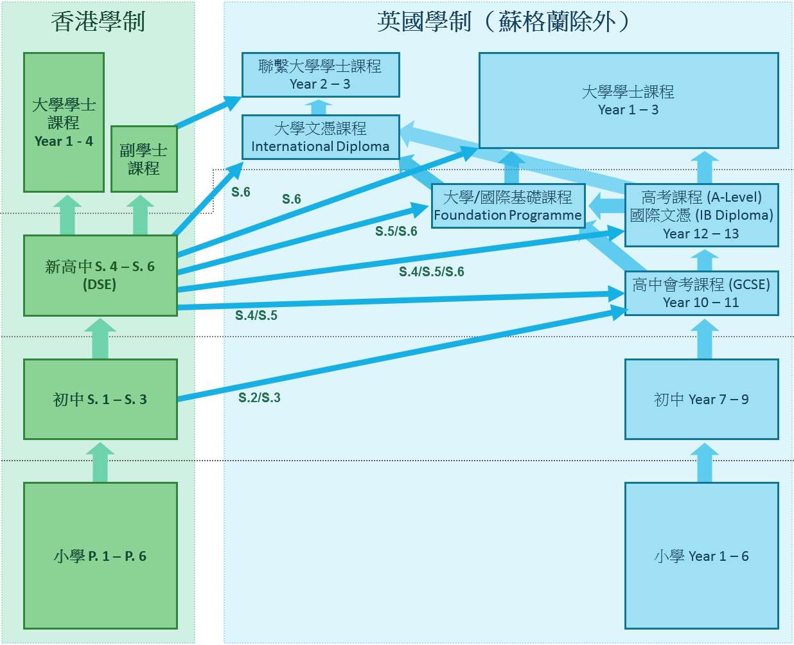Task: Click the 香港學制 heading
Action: [98, 22]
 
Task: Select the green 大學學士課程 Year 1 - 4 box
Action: [64, 122]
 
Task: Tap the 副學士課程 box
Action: [144, 159]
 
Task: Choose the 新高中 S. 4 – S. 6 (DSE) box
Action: [100, 275]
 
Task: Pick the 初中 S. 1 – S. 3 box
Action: [100, 399]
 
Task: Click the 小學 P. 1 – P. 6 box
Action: [100, 556]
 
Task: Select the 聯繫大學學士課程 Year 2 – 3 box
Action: [321, 75]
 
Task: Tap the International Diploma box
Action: [321, 137]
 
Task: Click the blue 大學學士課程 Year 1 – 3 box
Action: [628, 100]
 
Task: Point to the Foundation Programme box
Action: [507, 206]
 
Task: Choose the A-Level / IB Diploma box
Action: [701, 215]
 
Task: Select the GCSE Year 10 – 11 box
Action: [701, 293]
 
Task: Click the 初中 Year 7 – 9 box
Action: [701, 399]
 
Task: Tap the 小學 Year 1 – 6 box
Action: [701, 556]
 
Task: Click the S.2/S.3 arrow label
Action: [260, 398]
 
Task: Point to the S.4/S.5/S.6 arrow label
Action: [432, 272]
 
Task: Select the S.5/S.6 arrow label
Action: [396, 231]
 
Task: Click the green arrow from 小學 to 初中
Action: [100, 462]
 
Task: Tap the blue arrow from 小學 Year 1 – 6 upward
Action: [705, 462]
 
